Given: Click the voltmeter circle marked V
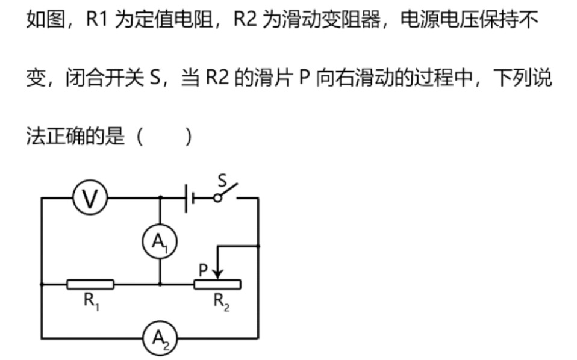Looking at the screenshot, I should pos(90,198).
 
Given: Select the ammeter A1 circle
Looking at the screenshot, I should pos(160,242).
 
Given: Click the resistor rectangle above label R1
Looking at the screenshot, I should pos(90,284).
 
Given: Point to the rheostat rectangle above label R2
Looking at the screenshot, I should pos(217,284).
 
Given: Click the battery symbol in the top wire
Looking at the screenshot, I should pos(189,198).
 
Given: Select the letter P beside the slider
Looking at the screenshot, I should pos(204,271).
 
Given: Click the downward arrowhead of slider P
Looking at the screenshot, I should pos(217,275).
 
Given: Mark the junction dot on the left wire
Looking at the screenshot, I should pos(42,284).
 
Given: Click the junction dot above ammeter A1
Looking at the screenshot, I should pos(160,198).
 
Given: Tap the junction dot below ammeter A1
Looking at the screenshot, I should pos(160,284).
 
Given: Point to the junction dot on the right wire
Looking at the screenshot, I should pos(258,246).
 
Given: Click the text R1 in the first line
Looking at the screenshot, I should pos(96,21).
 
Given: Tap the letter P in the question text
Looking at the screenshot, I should pos(304,79).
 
